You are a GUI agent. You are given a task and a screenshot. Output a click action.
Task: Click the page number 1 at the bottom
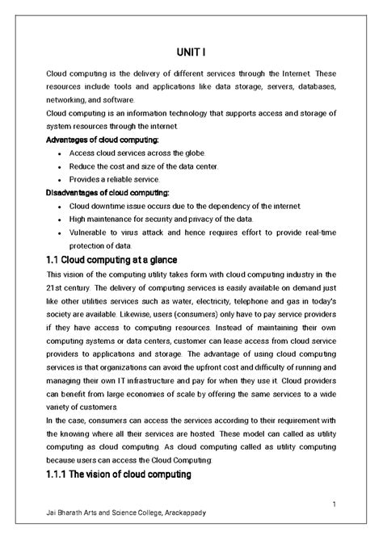[x=332, y=504]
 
